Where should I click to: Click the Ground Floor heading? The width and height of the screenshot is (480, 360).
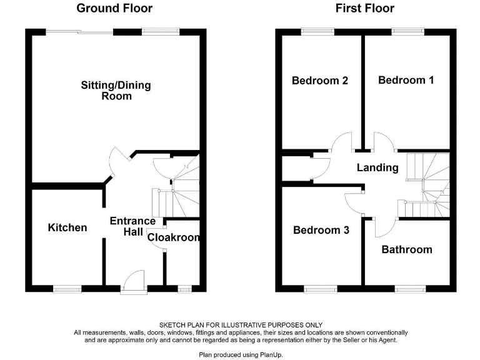[x=114, y=8]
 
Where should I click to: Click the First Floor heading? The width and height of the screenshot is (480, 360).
[x=364, y=8]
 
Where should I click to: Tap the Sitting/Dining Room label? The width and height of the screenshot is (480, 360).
[x=116, y=91]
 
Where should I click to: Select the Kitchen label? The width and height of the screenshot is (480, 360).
[x=67, y=227]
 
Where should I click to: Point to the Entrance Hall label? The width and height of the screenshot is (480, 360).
[x=132, y=226]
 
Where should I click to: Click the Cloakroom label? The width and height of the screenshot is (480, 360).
[x=174, y=237]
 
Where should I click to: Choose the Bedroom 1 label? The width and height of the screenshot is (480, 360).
[x=406, y=80]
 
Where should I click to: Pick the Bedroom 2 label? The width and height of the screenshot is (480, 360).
[x=319, y=81]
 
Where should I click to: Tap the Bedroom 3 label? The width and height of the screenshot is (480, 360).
[x=321, y=230]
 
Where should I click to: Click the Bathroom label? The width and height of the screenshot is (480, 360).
[x=407, y=249]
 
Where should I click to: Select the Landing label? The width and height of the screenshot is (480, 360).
[x=377, y=167]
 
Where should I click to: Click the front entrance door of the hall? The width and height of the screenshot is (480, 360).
[x=134, y=282]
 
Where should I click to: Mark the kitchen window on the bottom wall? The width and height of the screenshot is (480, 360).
[x=67, y=289]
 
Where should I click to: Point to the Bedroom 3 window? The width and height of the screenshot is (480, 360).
[x=320, y=289]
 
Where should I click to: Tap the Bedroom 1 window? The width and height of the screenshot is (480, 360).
[x=407, y=30]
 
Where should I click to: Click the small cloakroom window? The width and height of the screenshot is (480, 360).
[x=184, y=289]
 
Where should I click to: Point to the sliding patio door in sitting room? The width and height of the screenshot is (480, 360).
[x=79, y=30]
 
